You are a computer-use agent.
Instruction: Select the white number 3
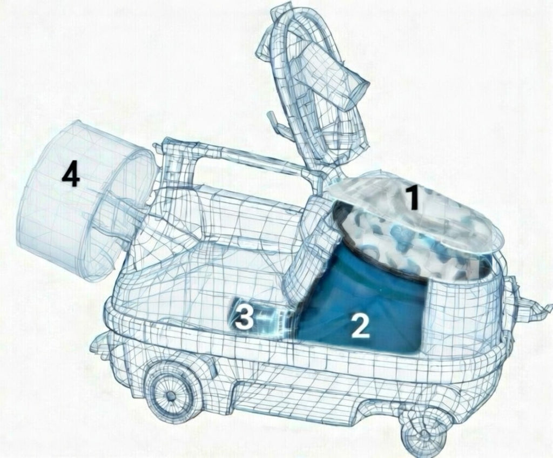pos(245,317)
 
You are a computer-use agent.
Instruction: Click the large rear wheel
pos(172,394)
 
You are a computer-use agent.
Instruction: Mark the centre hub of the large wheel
pos(171,395)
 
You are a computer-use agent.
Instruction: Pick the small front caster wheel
pos(426,432)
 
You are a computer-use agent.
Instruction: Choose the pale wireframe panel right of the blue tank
pos(462,311)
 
